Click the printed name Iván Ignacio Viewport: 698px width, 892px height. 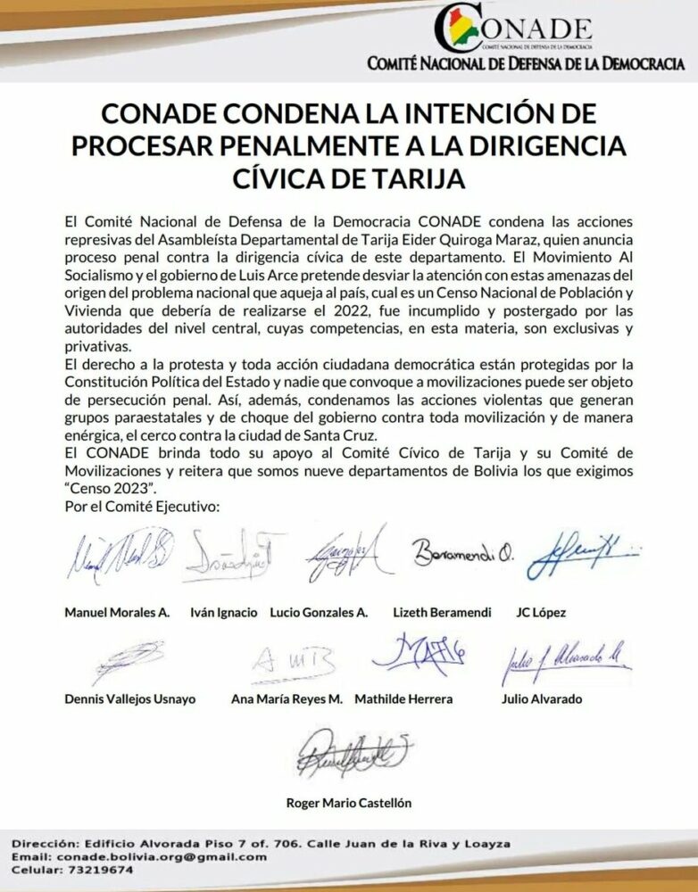[224, 613]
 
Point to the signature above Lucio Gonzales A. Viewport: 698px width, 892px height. [344, 555]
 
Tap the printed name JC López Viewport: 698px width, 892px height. [541, 613]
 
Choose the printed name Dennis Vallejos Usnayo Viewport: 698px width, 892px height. [130, 699]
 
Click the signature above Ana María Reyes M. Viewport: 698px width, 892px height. [293, 662]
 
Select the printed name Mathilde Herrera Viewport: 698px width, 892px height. [403, 699]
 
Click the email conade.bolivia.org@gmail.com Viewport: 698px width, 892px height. [165, 856]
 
